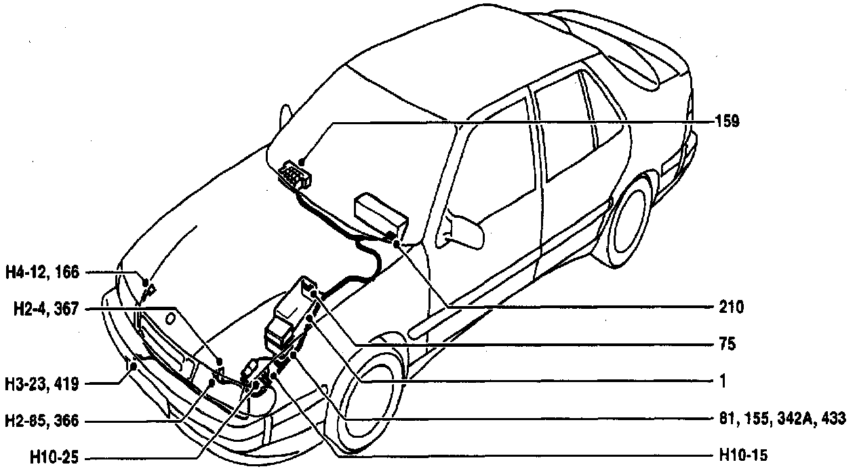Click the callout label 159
tap(727, 122)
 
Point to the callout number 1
tap(723, 382)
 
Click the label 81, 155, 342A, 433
tap(783, 419)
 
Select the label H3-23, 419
tap(43, 385)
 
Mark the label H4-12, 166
tap(43, 273)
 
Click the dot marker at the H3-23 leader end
tap(134, 366)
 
